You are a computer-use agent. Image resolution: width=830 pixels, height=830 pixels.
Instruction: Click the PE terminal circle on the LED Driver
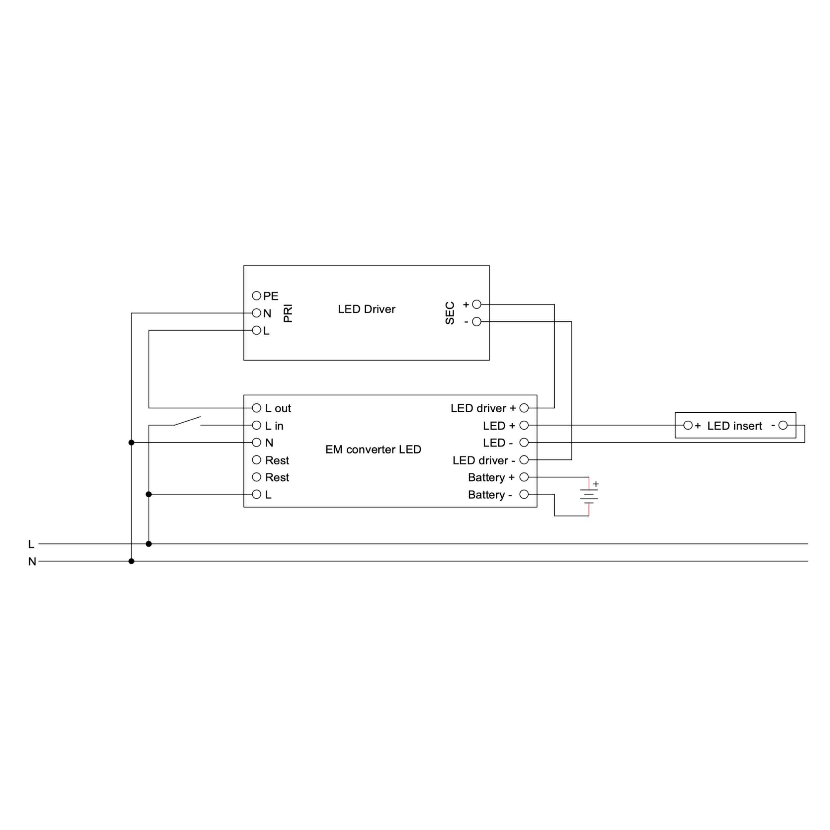[x=257, y=295]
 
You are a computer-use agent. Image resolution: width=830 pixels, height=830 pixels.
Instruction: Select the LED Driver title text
[x=367, y=309]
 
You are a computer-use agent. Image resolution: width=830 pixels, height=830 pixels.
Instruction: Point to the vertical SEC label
[x=450, y=313]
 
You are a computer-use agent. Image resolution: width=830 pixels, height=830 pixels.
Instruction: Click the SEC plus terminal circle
[x=476, y=304]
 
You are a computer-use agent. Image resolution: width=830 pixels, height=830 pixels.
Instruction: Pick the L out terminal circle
[x=257, y=408]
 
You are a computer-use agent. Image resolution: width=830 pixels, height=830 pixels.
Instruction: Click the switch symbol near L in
[x=187, y=421]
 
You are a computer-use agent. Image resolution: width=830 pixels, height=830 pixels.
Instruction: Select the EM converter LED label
[x=373, y=450]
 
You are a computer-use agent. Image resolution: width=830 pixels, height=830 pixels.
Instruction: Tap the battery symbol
[x=589, y=496]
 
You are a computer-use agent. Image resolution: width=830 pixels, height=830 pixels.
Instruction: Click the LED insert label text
[x=735, y=426]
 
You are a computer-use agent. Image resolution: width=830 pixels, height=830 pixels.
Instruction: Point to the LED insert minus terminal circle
[x=783, y=425]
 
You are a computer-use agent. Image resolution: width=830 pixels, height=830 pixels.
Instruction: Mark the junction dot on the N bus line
[x=131, y=561]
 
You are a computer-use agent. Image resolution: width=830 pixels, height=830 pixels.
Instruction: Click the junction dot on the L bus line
[x=149, y=544]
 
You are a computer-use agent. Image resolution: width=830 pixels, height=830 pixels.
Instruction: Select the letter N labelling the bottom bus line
[x=32, y=561]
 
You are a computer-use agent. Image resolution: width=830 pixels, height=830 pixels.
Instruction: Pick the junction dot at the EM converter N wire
[x=131, y=443]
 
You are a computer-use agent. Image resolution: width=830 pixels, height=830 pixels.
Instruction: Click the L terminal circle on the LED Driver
[x=257, y=330]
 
